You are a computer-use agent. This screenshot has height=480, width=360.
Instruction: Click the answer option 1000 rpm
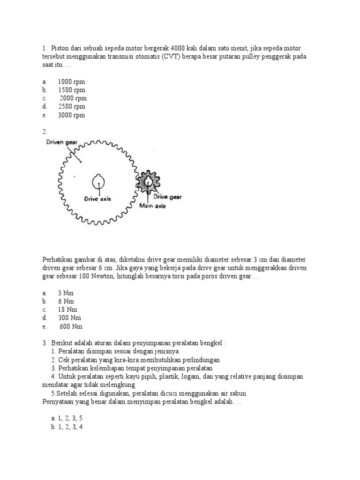[71, 82]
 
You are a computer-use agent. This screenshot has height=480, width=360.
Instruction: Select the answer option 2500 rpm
[71, 107]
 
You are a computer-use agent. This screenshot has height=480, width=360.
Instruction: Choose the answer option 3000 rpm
[71, 115]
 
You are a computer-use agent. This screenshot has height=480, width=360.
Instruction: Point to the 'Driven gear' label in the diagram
[65, 142]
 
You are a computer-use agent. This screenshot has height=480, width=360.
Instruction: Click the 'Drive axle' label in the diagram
[97, 198]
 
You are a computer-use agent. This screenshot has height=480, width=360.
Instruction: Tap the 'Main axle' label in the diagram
[151, 205]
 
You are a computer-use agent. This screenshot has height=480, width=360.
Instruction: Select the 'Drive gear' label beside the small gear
[168, 197]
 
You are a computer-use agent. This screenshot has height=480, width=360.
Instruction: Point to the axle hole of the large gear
[98, 180]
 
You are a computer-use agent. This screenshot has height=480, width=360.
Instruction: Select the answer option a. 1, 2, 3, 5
[67, 418]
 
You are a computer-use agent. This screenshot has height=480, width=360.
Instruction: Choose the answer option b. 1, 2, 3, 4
[67, 427]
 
